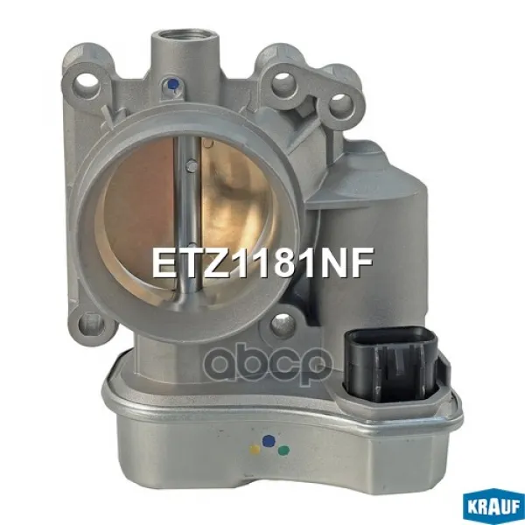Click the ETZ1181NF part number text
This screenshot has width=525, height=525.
[262, 263]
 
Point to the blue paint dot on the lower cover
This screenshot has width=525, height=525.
[269, 441]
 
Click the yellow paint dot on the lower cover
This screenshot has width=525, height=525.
[255, 450]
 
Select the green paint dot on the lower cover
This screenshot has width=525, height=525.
[283, 451]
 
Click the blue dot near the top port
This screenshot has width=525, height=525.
[172, 84]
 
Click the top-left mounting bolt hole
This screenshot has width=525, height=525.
[86, 82]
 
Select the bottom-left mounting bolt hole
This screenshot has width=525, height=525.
[90, 323]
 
